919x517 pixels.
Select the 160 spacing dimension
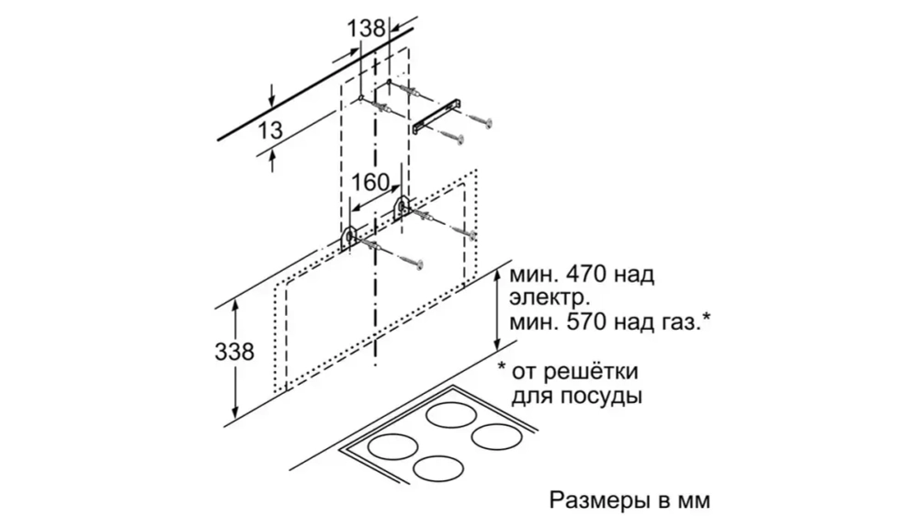point(371,182)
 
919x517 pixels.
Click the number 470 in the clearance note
point(587,275)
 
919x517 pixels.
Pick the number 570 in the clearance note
point(587,322)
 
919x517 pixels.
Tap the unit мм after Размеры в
point(692,501)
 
